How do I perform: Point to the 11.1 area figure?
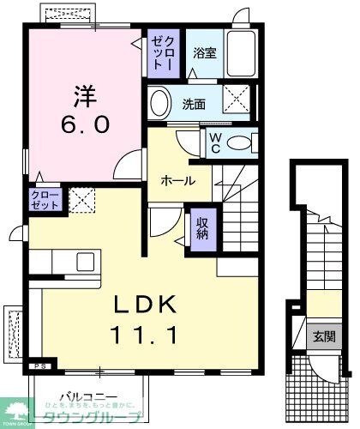point(143,335)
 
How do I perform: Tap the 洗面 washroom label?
point(194,104)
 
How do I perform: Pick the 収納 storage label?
point(201,229)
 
